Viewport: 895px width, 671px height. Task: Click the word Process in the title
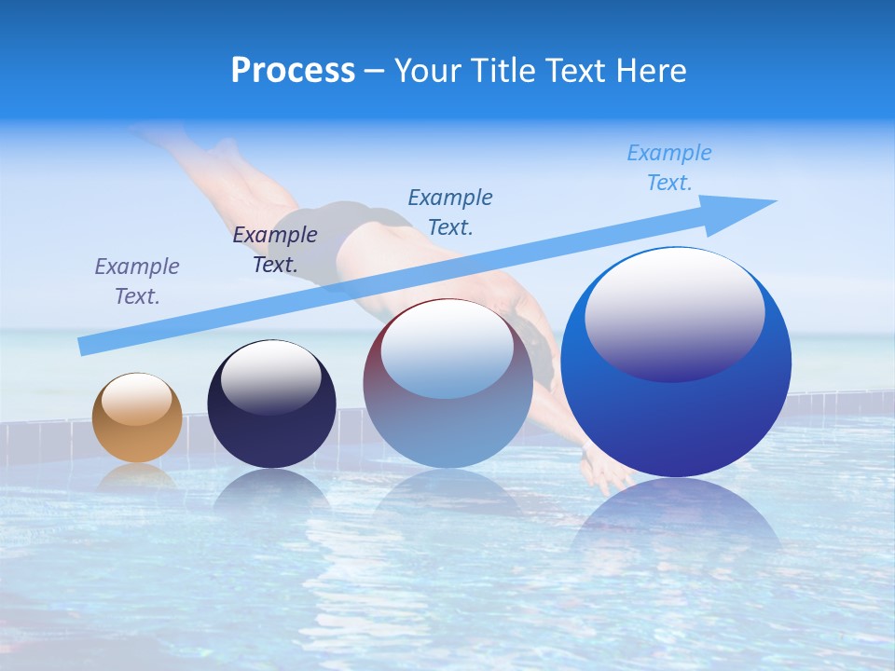[x=293, y=70]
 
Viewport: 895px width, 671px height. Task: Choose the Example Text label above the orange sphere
[x=137, y=281]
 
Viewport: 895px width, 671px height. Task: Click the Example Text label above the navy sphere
[x=275, y=250]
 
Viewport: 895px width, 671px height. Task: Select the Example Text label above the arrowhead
[x=669, y=168]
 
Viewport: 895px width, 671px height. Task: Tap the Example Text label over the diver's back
[x=450, y=212]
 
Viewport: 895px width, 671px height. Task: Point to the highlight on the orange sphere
[x=136, y=400]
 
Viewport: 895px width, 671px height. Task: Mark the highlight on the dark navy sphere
[x=270, y=377]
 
